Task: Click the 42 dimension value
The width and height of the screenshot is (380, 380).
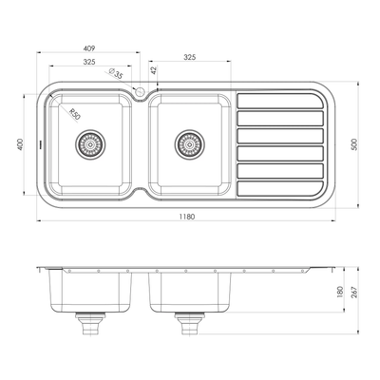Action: [x=153, y=71]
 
